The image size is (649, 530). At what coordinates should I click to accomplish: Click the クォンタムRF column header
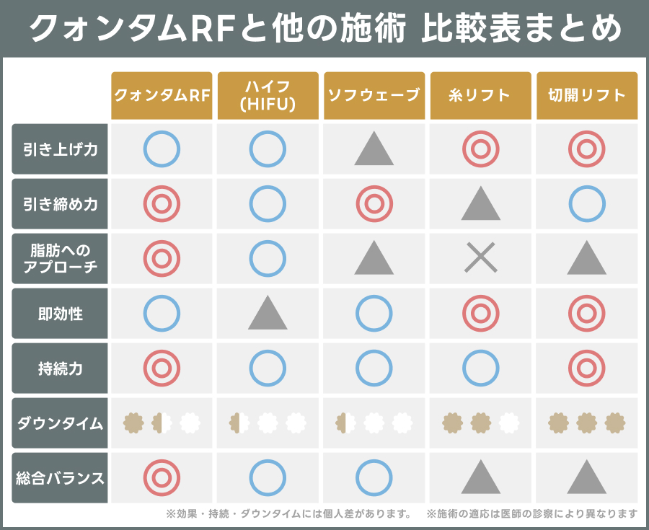click(x=162, y=95)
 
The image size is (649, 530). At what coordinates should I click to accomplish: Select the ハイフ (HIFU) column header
click(x=268, y=95)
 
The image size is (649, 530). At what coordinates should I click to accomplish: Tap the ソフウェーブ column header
click(x=374, y=95)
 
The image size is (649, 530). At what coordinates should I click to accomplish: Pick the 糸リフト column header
click(x=480, y=95)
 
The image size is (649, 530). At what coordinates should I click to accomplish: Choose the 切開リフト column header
click(x=586, y=95)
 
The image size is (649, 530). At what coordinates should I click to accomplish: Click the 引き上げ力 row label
click(x=60, y=149)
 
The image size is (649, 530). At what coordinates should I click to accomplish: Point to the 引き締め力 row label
click(x=60, y=204)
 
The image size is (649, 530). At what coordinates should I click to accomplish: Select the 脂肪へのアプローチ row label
click(x=60, y=259)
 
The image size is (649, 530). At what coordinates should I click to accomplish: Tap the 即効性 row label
click(x=60, y=314)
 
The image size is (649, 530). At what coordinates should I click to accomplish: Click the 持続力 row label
click(x=60, y=368)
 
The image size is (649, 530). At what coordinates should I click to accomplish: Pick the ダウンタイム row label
click(x=60, y=423)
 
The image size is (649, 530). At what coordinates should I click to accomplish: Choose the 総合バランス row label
click(x=60, y=477)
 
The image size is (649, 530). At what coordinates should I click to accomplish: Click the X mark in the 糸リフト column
click(x=480, y=257)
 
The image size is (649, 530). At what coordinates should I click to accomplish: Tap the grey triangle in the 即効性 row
click(x=268, y=314)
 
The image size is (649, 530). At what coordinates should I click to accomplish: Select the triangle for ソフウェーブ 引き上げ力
click(x=374, y=150)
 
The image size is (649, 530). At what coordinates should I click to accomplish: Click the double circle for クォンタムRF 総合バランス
click(x=162, y=477)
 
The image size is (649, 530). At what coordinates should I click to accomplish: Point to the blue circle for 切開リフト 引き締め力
click(x=586, y=204)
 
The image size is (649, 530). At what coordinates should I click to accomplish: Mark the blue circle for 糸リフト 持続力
click(x=480, y=368)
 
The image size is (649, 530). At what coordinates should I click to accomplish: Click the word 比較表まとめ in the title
click(x=519, y=29)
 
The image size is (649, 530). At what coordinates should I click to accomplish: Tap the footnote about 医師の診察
click(x=531, y=514)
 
